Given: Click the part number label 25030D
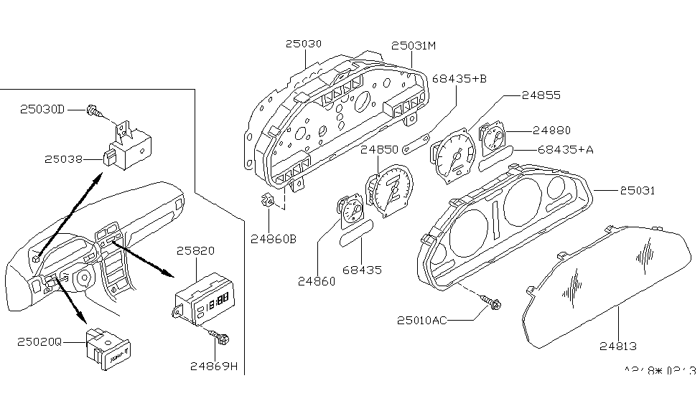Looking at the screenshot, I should click(42, 110).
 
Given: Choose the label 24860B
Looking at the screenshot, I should click(273, 237).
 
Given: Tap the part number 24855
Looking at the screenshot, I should click(541, 95).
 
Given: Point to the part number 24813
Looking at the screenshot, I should click(618, 346).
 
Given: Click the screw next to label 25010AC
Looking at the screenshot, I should click(493, 304).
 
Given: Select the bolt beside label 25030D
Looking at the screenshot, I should click(93, 110).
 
